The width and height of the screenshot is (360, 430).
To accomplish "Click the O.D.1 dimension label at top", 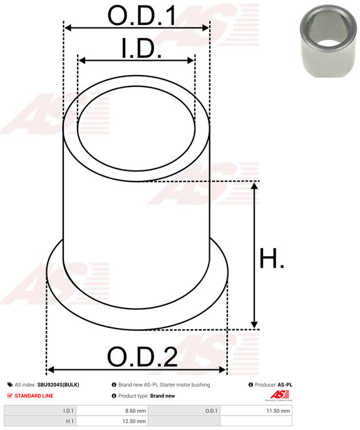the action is point(142,16).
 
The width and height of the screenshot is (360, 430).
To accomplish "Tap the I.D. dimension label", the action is point(141,48).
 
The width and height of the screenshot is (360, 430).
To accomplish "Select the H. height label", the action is point(272,258).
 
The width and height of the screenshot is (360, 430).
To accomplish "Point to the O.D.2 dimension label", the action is point(142,357).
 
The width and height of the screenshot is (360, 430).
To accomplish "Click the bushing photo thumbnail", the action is point(328,41).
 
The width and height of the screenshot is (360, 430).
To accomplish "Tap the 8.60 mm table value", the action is point(136,411).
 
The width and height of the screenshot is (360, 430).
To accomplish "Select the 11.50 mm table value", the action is point(278,411).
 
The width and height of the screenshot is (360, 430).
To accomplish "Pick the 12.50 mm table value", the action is point(134,421).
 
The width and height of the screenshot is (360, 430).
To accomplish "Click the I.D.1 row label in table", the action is point(68,411).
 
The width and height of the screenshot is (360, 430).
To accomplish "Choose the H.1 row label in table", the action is point(69,421).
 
